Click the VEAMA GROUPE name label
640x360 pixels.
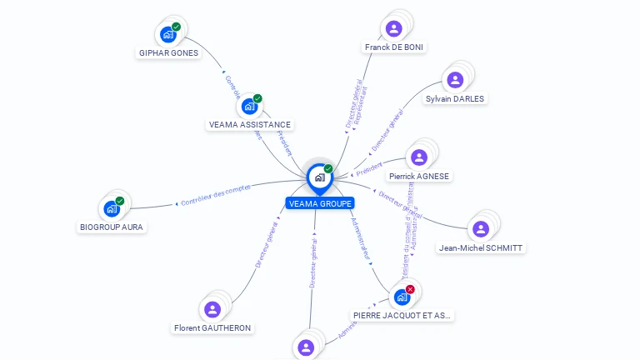point(320,203)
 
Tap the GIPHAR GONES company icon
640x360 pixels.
point(168,35)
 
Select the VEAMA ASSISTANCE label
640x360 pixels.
point(250,125)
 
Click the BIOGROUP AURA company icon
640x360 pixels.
point(112,209)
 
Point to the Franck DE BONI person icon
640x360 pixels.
point(394,29)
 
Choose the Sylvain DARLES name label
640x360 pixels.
point(454,98)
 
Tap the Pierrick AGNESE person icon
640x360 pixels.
point(419,157)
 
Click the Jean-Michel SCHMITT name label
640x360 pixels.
point(482,247)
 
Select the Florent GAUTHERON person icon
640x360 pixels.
point(212,310)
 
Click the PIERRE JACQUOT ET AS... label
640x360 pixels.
point(402,316)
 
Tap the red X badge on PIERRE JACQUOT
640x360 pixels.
point(410,288)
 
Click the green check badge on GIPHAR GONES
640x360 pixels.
point(177,27)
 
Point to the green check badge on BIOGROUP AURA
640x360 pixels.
point(120,201)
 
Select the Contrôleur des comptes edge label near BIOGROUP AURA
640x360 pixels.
point(215,197)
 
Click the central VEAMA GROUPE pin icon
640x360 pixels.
point(320,177)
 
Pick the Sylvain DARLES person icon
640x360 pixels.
point(455,80)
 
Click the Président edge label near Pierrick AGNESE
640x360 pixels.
point(368,169)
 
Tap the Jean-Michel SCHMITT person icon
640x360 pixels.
point(481,228)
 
